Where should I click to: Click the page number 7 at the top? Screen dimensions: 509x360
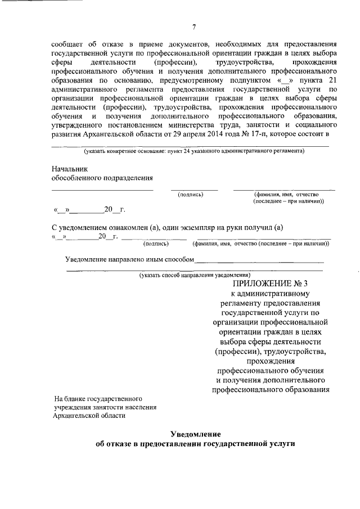(193, 26)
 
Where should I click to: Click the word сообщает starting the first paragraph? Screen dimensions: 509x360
(68, 43)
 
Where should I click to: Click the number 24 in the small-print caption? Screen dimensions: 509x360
(187, 151)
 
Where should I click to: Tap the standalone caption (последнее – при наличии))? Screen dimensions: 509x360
(288, 201)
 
